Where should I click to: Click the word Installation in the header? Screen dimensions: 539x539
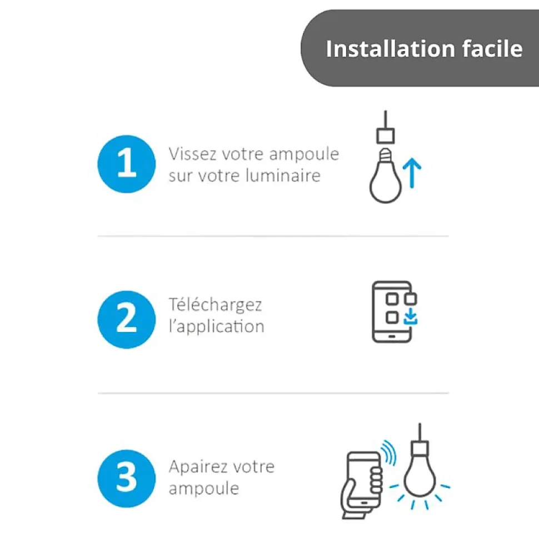click(391, 48)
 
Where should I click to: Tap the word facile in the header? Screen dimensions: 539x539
click(492, 48)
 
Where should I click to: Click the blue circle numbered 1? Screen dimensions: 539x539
click(126, 164)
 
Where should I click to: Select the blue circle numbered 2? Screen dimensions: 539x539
click(126, 319)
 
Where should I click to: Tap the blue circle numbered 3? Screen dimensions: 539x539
click(126, 478)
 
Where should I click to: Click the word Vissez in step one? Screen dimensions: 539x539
click(193, 154)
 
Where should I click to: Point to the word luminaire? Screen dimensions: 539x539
click(283, 175)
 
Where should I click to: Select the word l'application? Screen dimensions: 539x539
click(217, 327)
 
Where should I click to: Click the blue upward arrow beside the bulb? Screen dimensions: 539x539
click(412, 173)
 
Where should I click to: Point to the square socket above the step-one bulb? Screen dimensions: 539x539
click(386, 135)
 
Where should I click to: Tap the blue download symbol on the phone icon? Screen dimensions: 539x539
click(410, 316)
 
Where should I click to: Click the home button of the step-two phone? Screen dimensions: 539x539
click(392, 336)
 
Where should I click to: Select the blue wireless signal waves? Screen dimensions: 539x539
click(390, 452)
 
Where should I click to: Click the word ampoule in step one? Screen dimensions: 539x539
click(304, 155)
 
